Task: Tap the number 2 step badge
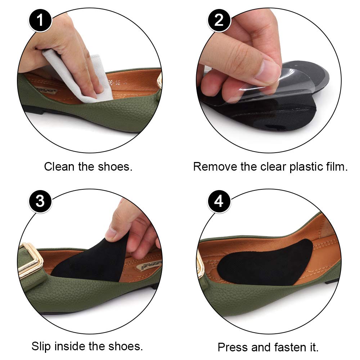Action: (x=219, y=20)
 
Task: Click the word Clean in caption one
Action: (x=58, y=167)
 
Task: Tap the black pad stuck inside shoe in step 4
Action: (x=266, y=263)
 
